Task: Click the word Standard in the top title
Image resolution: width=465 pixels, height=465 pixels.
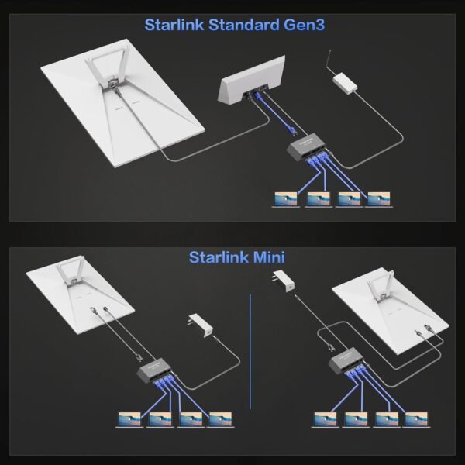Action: (x=245, y=24)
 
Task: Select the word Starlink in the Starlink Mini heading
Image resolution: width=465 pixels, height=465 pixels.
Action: (x=215, y=257)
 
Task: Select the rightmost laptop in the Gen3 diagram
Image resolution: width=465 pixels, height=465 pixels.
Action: (x=377, y=199)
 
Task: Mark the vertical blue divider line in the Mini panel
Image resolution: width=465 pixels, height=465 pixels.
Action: (x=250, y=349)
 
